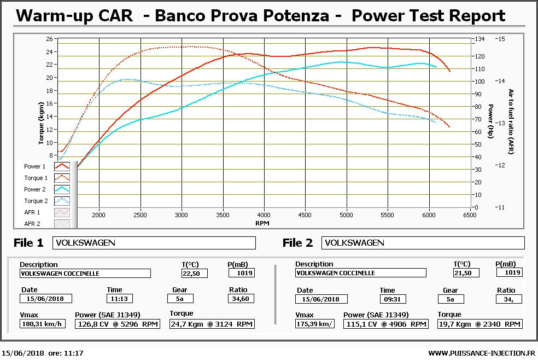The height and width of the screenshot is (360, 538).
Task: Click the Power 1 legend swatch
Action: click(x=62, y=166)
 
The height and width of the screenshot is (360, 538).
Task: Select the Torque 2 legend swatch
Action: click(x=62, y=201)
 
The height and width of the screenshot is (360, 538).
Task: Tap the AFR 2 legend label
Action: click(x=32, y=224)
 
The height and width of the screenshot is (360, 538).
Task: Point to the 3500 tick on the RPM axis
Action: click(x=223, y=215)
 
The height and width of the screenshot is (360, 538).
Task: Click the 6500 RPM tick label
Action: click(x=470, y=215)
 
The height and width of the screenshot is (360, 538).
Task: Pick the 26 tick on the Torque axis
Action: click(x=49, y=39)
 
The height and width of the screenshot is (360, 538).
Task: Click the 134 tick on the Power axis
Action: click(x=479, y=39)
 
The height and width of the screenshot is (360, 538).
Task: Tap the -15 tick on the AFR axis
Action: click(x=500, y=39)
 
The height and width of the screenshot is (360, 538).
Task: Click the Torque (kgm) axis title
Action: click(x=41, y=123)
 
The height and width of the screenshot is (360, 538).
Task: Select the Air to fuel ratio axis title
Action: click(x=511, y=122)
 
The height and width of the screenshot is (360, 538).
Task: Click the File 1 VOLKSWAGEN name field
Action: click(x=154, y=243)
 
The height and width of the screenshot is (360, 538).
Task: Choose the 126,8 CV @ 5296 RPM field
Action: click(x=118, y=324)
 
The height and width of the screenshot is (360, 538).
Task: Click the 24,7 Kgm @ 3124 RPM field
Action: click(x=212, y=324)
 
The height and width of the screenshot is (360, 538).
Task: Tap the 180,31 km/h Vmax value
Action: click(x=43, y=324)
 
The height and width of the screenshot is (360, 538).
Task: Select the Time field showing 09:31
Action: click(x=393, y=299)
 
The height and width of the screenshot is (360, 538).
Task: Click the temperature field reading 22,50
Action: click(x=195, y=273)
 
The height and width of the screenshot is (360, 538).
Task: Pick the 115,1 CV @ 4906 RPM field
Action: click(x=386, y=324)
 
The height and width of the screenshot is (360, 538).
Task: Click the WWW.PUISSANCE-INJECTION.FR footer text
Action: click(x=482, y=353)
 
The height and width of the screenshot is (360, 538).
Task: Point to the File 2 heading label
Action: click(x=297, y=243)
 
